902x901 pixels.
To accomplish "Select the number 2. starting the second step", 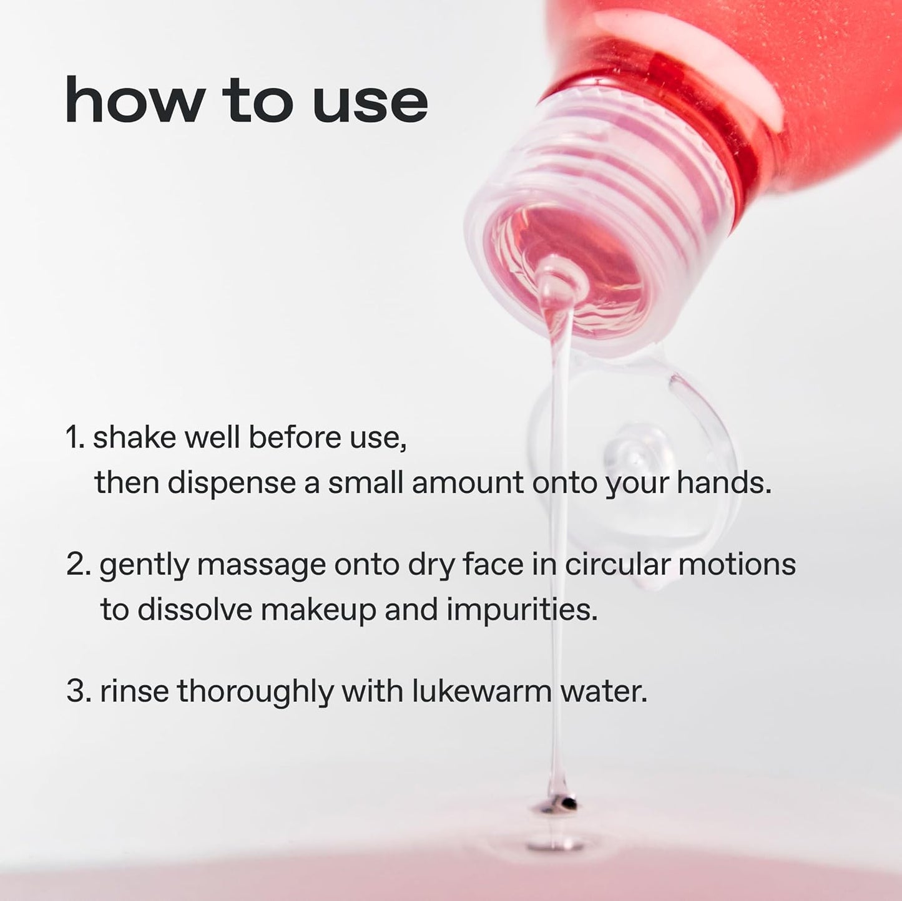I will coord(79,565).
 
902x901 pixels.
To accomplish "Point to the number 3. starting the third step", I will coord(79,691).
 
